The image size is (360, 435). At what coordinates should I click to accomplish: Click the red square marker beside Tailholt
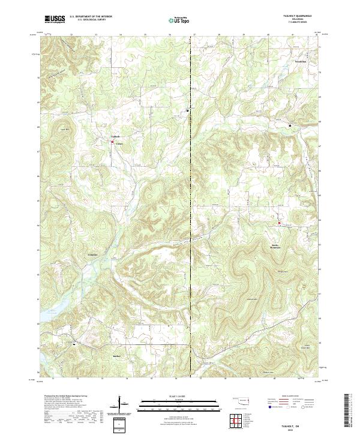click(112, 142)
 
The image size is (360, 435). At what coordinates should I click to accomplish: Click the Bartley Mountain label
click(273, 247)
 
